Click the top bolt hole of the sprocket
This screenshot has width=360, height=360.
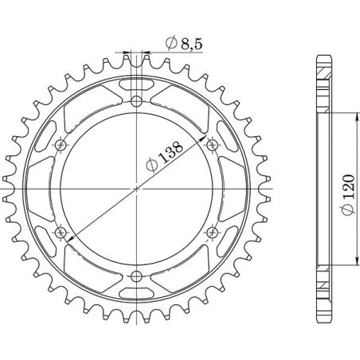[136, 101]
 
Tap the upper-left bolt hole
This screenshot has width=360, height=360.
[61, 145]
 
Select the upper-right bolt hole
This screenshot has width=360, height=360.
[212, 145]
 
